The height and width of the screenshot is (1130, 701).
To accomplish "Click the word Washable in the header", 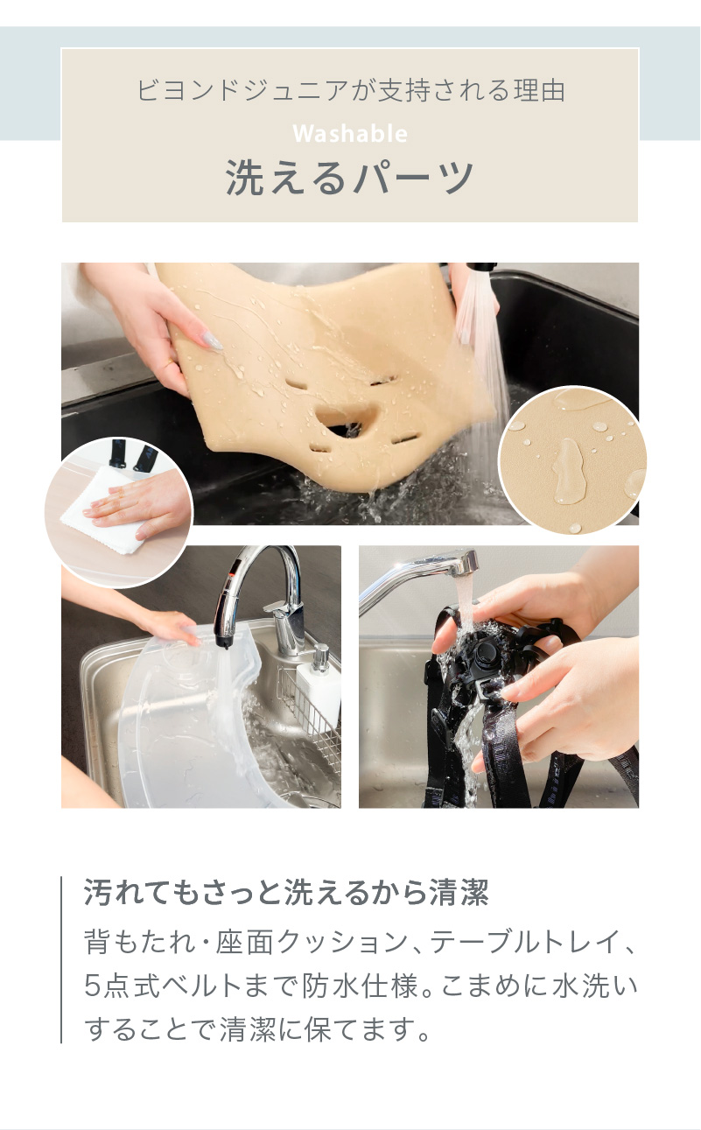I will pos(350,134).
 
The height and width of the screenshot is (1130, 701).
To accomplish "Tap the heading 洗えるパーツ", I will pos(350,178).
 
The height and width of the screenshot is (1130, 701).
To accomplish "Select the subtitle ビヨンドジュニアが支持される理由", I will pos(350,91).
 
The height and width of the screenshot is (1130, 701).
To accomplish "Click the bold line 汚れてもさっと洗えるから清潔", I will pos(285,894).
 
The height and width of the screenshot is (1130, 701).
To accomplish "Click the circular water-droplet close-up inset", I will pos(572,460).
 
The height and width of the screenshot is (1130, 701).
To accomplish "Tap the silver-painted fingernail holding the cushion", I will pos(210,342).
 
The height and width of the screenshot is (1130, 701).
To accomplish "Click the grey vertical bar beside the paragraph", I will pos(61,959).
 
